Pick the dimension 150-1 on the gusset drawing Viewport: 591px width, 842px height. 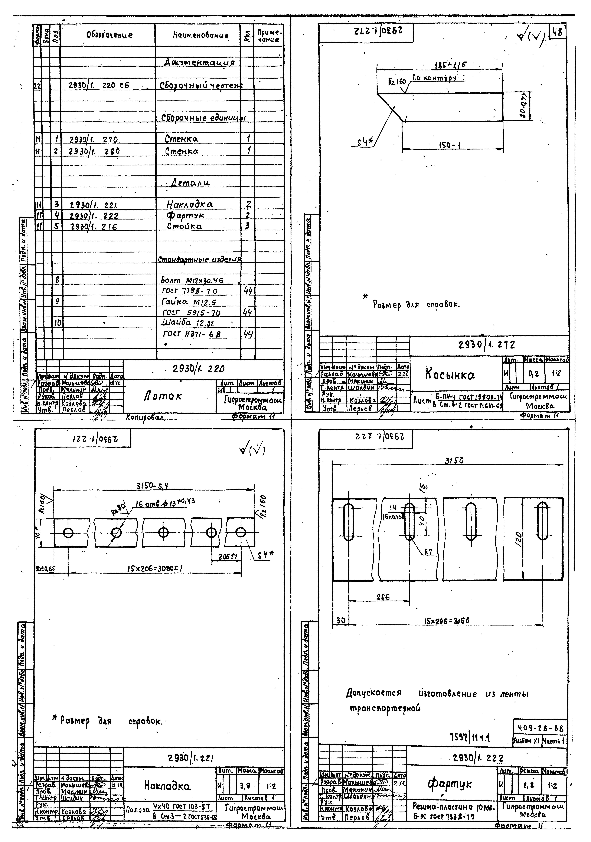450,146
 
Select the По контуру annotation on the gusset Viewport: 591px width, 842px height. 434,78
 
